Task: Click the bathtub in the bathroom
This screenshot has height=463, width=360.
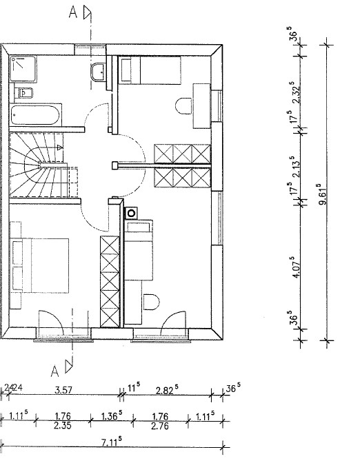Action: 35,114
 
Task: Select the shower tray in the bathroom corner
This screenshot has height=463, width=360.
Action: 23,69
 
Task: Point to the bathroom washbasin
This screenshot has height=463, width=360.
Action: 98,72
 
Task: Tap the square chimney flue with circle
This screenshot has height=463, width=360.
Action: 132,213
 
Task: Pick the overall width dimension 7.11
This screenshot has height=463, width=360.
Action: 112,442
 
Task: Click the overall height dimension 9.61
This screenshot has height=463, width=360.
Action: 322,194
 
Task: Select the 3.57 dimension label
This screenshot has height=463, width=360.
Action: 63,390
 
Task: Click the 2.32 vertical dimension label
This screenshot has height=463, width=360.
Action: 295,92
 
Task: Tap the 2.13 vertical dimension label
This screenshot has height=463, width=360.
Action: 295,167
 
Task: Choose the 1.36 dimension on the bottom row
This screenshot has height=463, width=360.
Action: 112,415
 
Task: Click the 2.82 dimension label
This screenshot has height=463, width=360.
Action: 167,390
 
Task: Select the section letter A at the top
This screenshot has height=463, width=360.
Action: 72,12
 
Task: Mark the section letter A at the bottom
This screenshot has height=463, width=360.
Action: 55,371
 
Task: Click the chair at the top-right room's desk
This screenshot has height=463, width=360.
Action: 183,106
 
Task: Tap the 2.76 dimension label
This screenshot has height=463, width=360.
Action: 160,426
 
